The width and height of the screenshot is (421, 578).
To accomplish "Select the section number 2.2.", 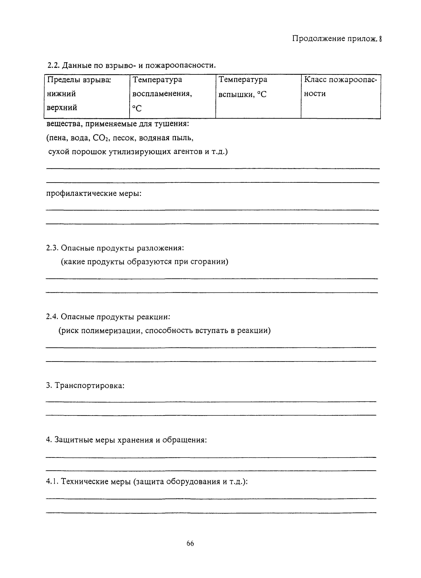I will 53,66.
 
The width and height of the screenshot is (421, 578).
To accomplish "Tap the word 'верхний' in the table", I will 62,108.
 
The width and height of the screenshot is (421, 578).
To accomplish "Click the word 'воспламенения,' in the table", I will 162,94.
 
